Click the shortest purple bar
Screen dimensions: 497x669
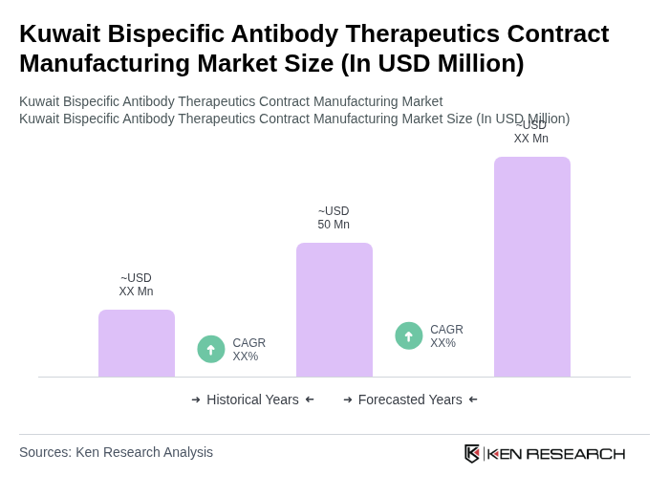coord(137,343)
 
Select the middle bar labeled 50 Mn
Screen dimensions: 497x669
coord(334,310)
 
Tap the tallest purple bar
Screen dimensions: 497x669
coord(531,267)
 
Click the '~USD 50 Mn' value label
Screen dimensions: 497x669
coord(334,218)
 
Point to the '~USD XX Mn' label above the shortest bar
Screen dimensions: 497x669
coord(136,285)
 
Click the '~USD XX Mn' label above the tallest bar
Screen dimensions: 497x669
coord(531,132)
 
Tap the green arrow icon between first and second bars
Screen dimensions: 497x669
coord(211,349)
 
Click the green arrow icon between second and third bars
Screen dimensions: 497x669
coord(409,335)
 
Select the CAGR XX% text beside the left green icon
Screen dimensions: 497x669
coord(248,350)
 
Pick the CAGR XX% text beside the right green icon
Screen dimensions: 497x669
coord(446,336)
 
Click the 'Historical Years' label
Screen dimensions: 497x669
coord(252,400)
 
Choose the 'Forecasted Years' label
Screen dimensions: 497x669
coord(410,400)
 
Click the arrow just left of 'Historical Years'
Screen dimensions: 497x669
coord(196,400)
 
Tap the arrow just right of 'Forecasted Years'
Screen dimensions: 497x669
coord(473,400)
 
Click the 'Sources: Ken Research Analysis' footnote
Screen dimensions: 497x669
coord(116,452)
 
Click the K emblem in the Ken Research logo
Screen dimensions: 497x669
coord(472,453)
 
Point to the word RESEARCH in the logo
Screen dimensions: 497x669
coord(575,453)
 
